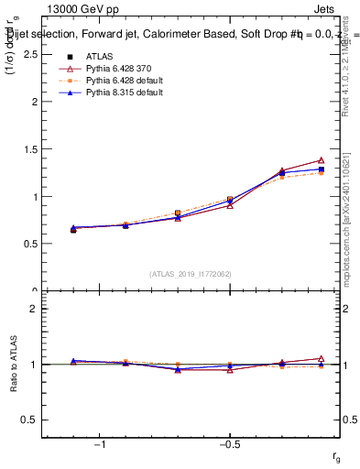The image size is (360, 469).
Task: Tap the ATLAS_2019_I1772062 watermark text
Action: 191,273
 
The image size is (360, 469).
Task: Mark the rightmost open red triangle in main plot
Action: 321,160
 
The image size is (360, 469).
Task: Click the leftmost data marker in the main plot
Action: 73,229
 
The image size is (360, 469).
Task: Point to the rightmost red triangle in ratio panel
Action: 321,358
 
